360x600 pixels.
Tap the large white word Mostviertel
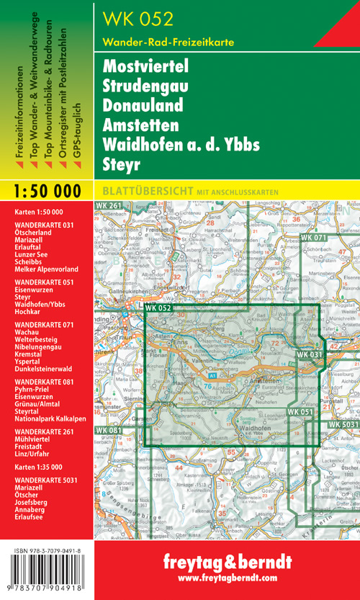[x=145, y=66]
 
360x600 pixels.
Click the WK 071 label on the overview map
[x=313, y=238]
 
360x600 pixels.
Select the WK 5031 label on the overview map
[x=344, y=426]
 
